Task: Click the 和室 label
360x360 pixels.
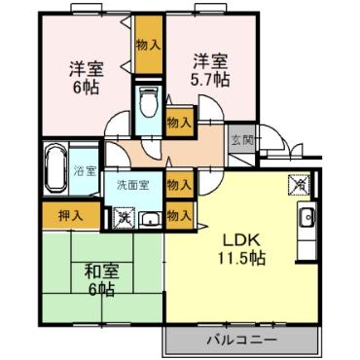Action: [x=99, y=270]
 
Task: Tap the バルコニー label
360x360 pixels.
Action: [x=241, y=340]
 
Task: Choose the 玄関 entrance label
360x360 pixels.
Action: [x=240, y=138]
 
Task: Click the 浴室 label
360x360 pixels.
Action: [x=86, y=171]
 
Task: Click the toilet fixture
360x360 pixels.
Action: [x=149, y=103]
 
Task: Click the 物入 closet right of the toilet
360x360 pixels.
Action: [x=178, y=122]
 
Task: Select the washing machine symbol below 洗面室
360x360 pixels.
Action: [x=124, y=217]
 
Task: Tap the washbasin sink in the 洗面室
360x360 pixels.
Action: [x=151, y=219]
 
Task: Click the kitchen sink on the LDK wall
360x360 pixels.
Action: [x=307, y=218]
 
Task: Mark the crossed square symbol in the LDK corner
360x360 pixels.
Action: [x=300, y=183]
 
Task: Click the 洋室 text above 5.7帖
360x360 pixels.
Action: [x=209, y=58]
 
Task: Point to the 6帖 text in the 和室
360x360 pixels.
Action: [x=99, y=290]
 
